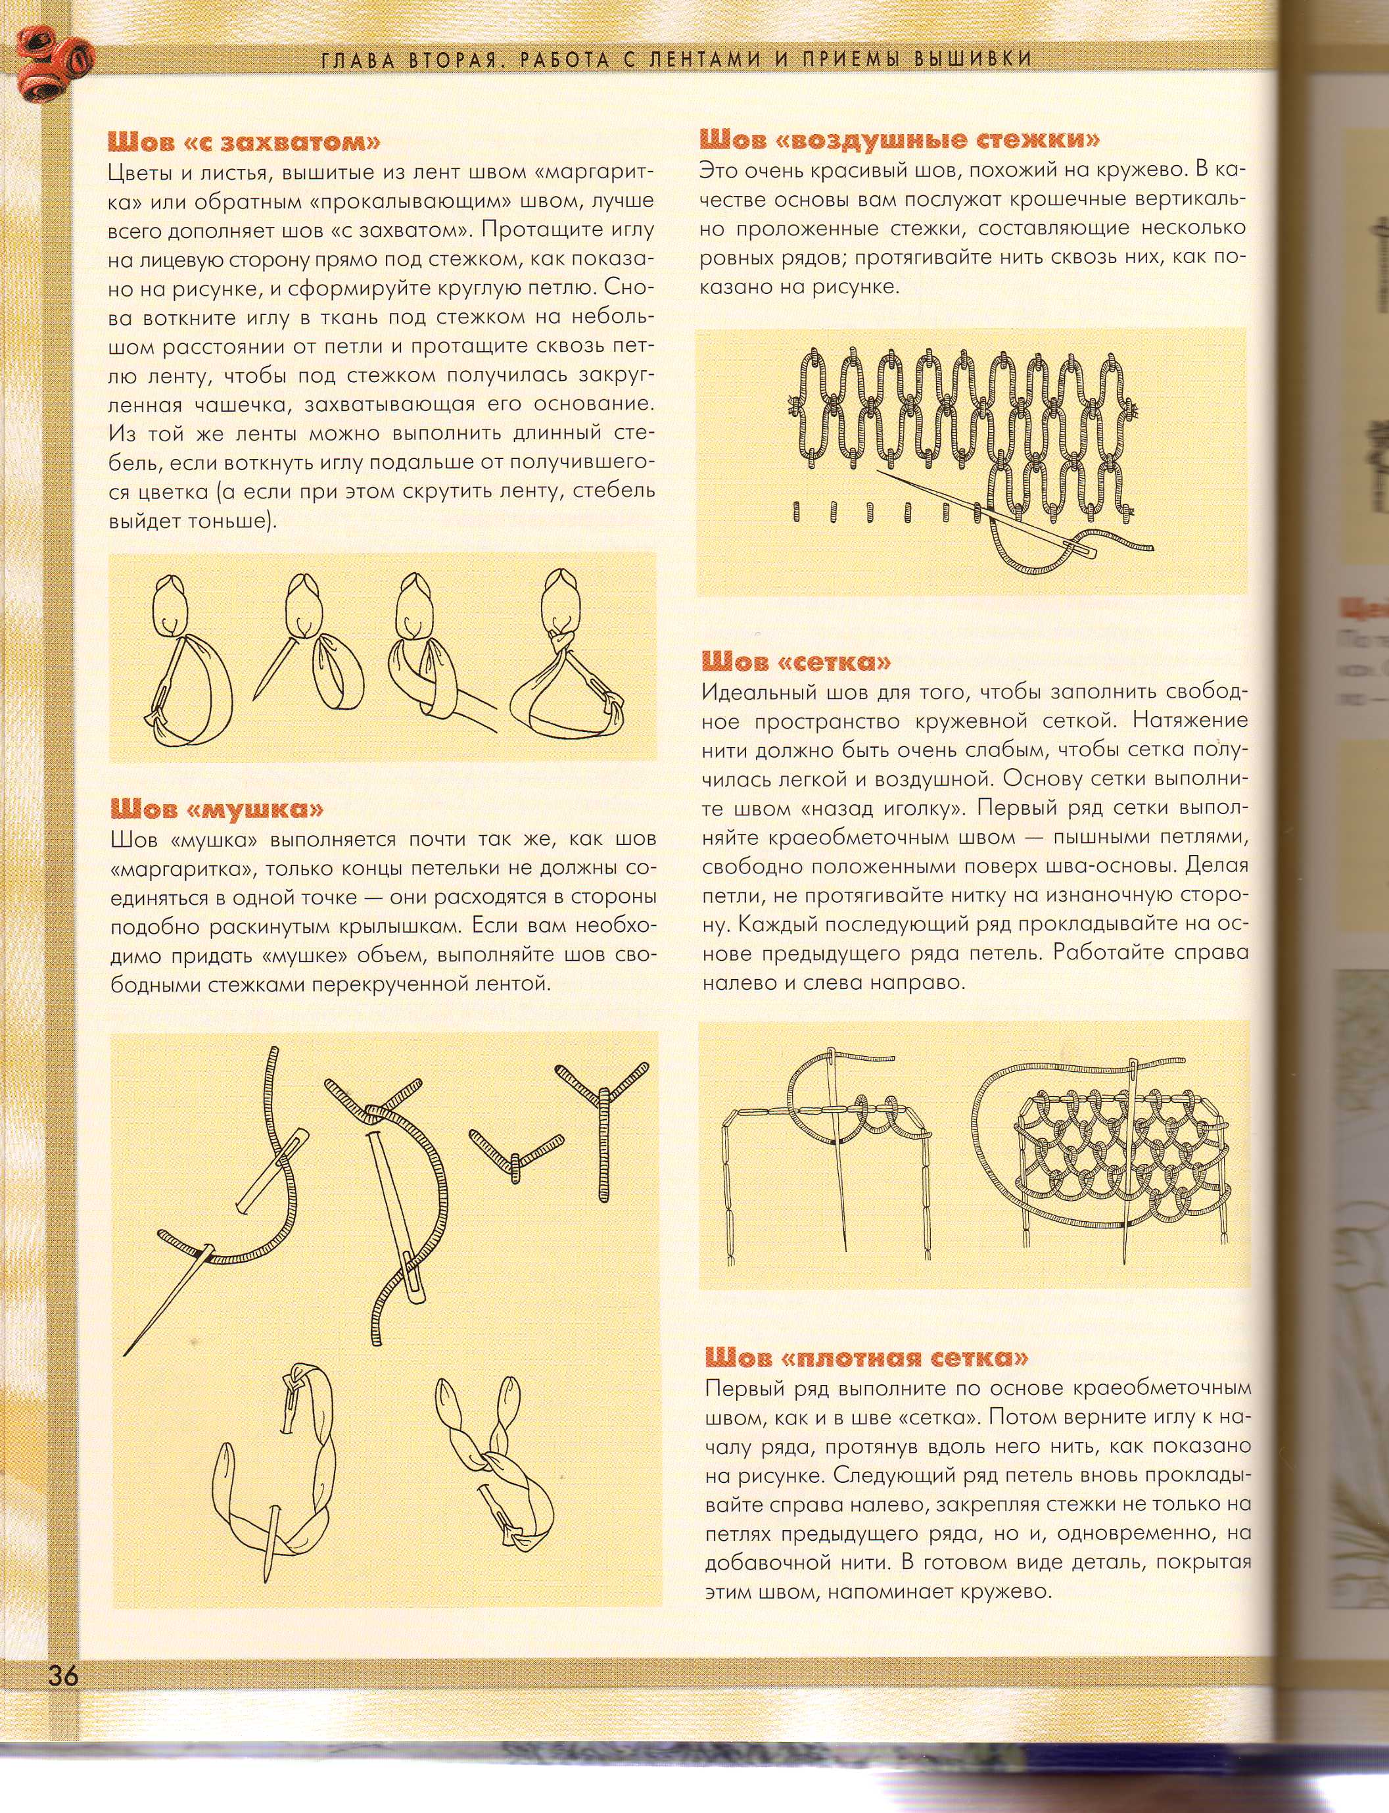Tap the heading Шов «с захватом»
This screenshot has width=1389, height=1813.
point(244,142)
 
